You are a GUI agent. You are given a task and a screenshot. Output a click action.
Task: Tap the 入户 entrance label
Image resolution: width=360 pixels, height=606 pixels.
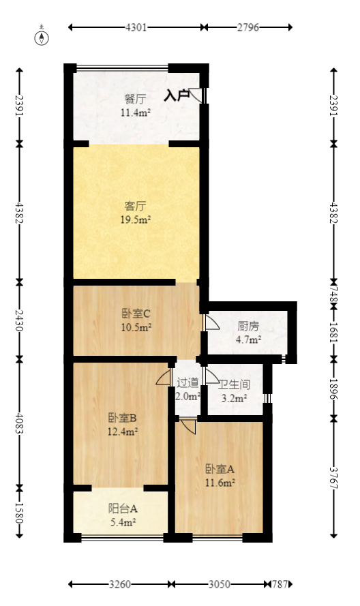click(x=176, y=95)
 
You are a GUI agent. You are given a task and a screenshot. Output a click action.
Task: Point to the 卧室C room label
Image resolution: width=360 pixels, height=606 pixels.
click(x=136, y=314)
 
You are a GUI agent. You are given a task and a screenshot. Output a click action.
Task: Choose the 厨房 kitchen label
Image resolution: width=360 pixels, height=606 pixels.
click(x=247, y=326)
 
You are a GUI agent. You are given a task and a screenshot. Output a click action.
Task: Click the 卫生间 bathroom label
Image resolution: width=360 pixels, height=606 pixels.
click(x=236, y=385)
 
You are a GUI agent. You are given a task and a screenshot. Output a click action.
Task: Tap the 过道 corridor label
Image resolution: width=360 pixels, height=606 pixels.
click(x=187, y=383)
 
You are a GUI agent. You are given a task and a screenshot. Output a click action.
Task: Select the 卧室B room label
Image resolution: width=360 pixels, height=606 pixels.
click(x=123, y=418)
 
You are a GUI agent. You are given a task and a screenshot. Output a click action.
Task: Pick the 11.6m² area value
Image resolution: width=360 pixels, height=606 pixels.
click(x=220, y=483)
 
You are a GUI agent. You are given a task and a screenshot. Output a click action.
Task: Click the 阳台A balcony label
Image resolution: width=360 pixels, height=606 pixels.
click(x=123, y=509)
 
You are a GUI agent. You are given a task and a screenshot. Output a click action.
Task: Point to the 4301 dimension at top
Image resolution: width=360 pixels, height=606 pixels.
click(x=136, y=28)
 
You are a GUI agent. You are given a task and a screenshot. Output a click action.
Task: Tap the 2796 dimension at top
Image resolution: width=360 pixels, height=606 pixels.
click(x=248, y=28)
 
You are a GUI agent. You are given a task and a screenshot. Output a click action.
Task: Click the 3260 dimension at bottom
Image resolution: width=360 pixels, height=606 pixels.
click(x=120, y=585)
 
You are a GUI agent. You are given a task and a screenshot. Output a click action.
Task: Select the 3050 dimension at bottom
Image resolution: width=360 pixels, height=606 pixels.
click(x=220, y=585)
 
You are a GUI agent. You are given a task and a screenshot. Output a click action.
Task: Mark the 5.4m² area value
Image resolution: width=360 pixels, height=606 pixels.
click(x=123, y=522)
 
